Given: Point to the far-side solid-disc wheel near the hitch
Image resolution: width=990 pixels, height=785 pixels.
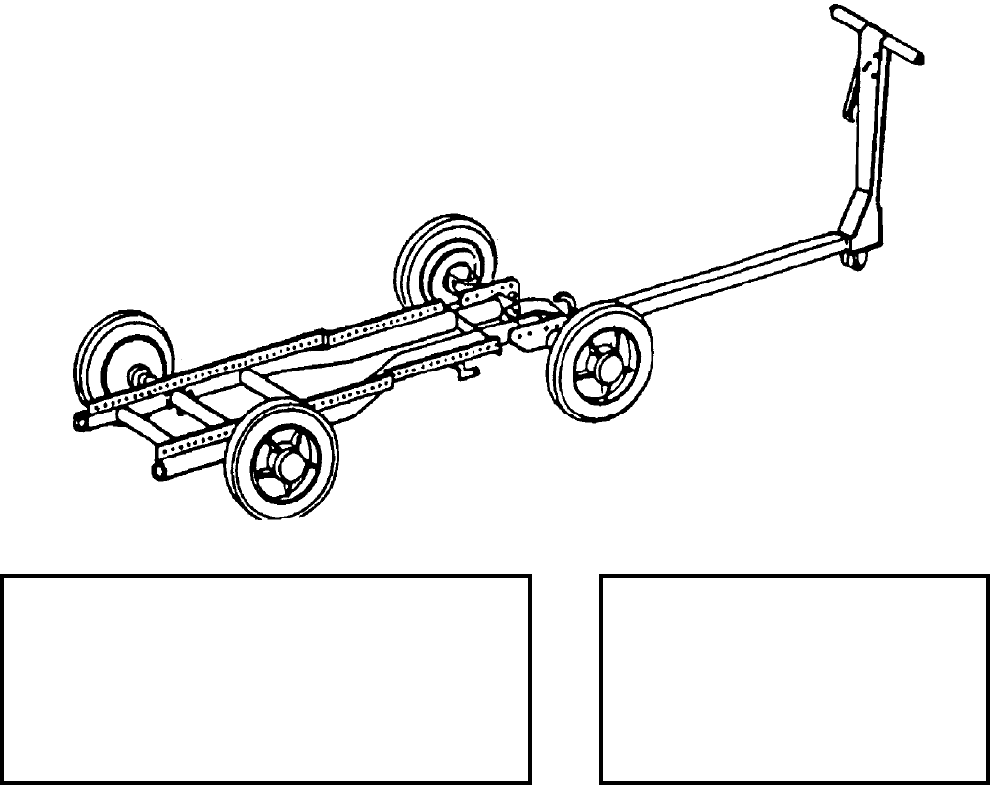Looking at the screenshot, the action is click(x=445, y=259).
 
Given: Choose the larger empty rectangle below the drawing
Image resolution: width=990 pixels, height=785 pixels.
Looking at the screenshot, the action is click(x=266, y=678).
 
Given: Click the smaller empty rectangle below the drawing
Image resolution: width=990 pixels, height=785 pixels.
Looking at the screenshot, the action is click(x=793, y=678).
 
